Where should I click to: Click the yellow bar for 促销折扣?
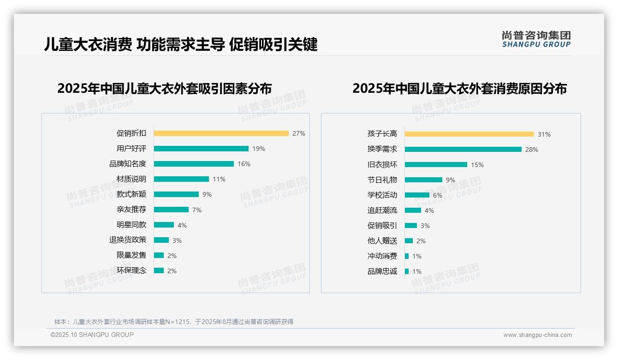click(221, 133)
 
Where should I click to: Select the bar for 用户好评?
click(201, 149)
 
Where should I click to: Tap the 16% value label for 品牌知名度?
click(244, 164)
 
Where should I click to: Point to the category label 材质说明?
click(131, 179)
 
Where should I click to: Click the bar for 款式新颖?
click(176, 194)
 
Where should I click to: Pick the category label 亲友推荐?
click(131, 210)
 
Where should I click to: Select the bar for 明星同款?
click(164, 225)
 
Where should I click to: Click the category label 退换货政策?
click(127, 240)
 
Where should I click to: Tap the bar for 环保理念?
click(159, 270)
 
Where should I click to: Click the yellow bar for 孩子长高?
click(469, 134)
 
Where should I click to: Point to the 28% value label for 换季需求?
click(531, 150)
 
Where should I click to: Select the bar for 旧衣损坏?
click(436, 164)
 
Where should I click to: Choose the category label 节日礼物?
click(382, 180)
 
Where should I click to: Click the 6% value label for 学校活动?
click(437, 195)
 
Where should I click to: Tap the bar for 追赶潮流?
click(413, 210)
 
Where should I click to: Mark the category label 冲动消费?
click(382, 256)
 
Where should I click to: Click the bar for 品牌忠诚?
click(407, 271)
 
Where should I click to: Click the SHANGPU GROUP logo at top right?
click(536, 39)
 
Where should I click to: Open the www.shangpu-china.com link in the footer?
click(537, 335)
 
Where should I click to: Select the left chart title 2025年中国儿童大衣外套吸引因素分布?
click(165, 88)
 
